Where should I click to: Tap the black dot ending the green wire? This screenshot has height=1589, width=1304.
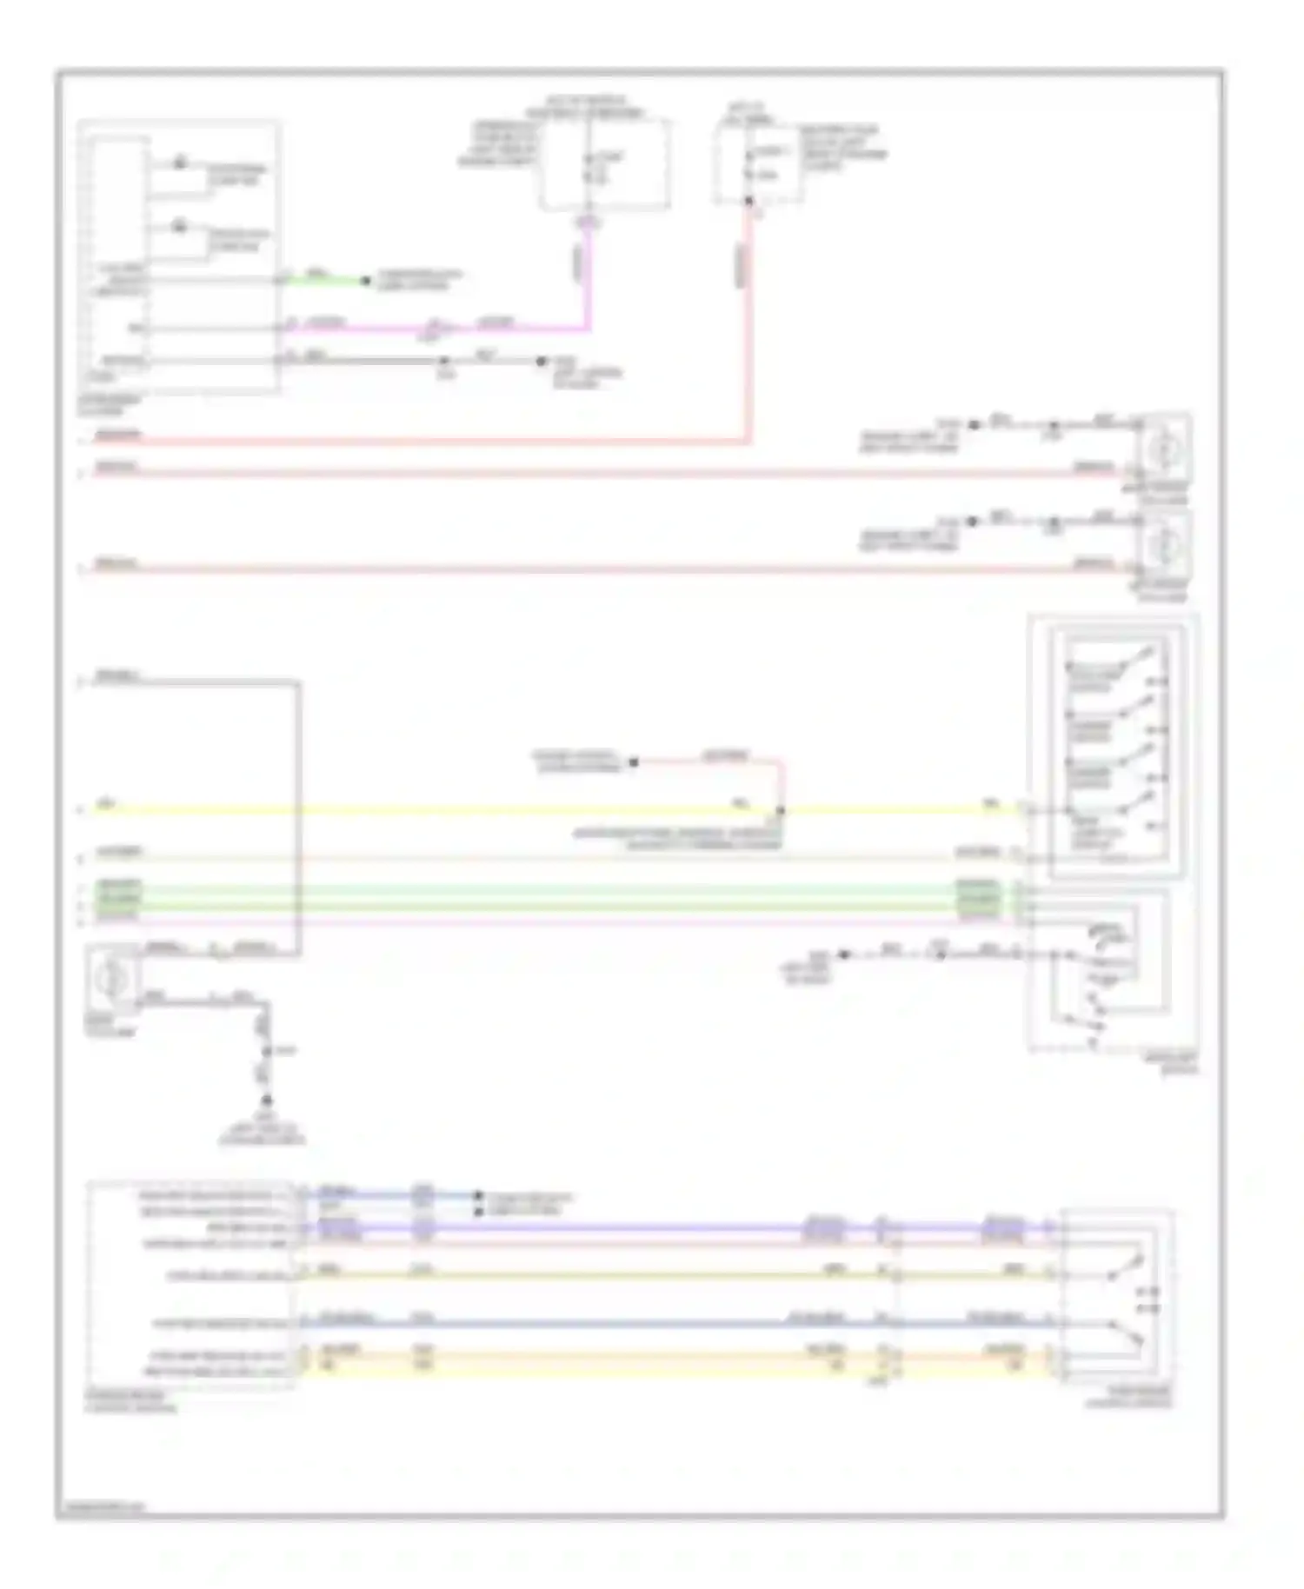366,281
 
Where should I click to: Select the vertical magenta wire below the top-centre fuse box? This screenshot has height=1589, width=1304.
589,278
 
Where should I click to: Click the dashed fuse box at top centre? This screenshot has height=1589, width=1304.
605,165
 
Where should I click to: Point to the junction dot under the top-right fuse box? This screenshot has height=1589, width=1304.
748,202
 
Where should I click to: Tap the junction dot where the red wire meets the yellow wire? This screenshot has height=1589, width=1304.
780,810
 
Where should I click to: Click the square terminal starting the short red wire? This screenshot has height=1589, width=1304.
634,762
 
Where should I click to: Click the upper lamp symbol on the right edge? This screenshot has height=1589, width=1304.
1163,449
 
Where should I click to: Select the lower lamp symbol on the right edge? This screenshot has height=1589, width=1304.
1163,545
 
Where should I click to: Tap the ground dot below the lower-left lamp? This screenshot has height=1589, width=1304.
267,1100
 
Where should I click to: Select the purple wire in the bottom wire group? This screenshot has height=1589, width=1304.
609,1229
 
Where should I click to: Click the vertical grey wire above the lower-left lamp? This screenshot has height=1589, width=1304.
298,817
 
